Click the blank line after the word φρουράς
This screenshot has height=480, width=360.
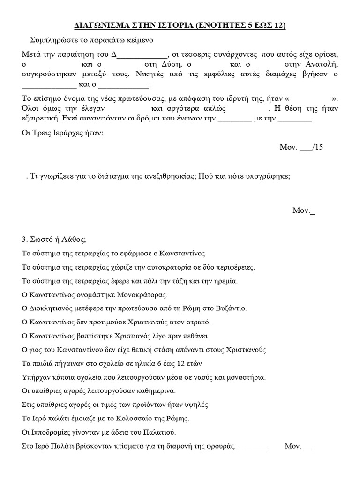pyautogui.click(x=253, y=447)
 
